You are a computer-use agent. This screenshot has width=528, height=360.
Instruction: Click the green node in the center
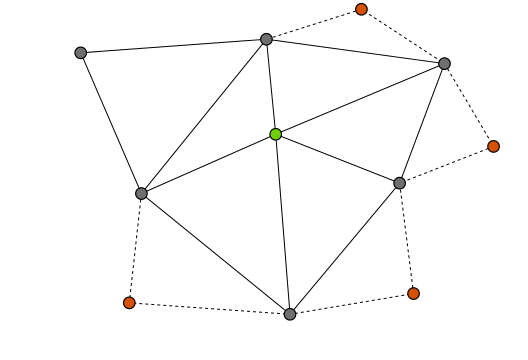pyautogui.click(x=276, y=134)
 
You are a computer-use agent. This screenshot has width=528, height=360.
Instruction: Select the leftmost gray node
pyautogui.click(x=81, y=53)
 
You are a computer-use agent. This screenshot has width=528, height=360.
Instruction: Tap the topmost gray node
pyautogui.click(x=266, y=40)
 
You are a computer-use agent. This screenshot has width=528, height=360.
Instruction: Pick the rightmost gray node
pyautogui.click(x=444, y=64)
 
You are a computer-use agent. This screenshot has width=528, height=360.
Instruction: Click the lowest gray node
pyautogui.click(x=290, y=314)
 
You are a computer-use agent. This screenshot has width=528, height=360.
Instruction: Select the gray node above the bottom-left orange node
pyautogui.click(x=141, y=193)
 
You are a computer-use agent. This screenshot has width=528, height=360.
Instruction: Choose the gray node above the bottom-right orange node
pyautogui.click(x=400, y=183)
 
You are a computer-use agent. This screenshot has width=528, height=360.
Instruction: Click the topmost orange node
pyautogui.click(x=361, y=10)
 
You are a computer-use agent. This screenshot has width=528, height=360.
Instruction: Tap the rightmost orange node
pyautogui.click(x=493, y=146)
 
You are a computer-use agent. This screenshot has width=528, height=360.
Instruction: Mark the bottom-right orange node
pyautogui.click(x=413, y=293)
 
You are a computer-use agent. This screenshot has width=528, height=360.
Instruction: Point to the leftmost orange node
pyautogui.click(x=129, y=302)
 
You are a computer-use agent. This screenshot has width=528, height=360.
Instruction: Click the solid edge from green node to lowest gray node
pyautogui.click(x=283, y=224)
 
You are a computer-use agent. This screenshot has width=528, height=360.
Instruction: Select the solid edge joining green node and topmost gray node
pyautogui.click(x=271, y=87)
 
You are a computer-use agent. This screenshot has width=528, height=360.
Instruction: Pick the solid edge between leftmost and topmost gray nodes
pyautogui.click(x=173, y=46)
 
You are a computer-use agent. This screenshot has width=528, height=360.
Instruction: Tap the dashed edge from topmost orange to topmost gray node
pyautogui.click(x=313, y=25)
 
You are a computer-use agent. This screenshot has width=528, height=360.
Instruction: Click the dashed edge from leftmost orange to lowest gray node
pyautogui.click(x=209, y=308)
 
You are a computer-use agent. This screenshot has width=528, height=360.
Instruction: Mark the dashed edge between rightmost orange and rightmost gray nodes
pyautogui.click(x=469, y=105)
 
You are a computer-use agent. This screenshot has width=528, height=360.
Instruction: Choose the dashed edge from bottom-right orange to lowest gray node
pyautogui.click(x=351, y=304)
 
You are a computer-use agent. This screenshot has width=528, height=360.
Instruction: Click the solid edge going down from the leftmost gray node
pyautogui.click(x=111, y=123)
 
